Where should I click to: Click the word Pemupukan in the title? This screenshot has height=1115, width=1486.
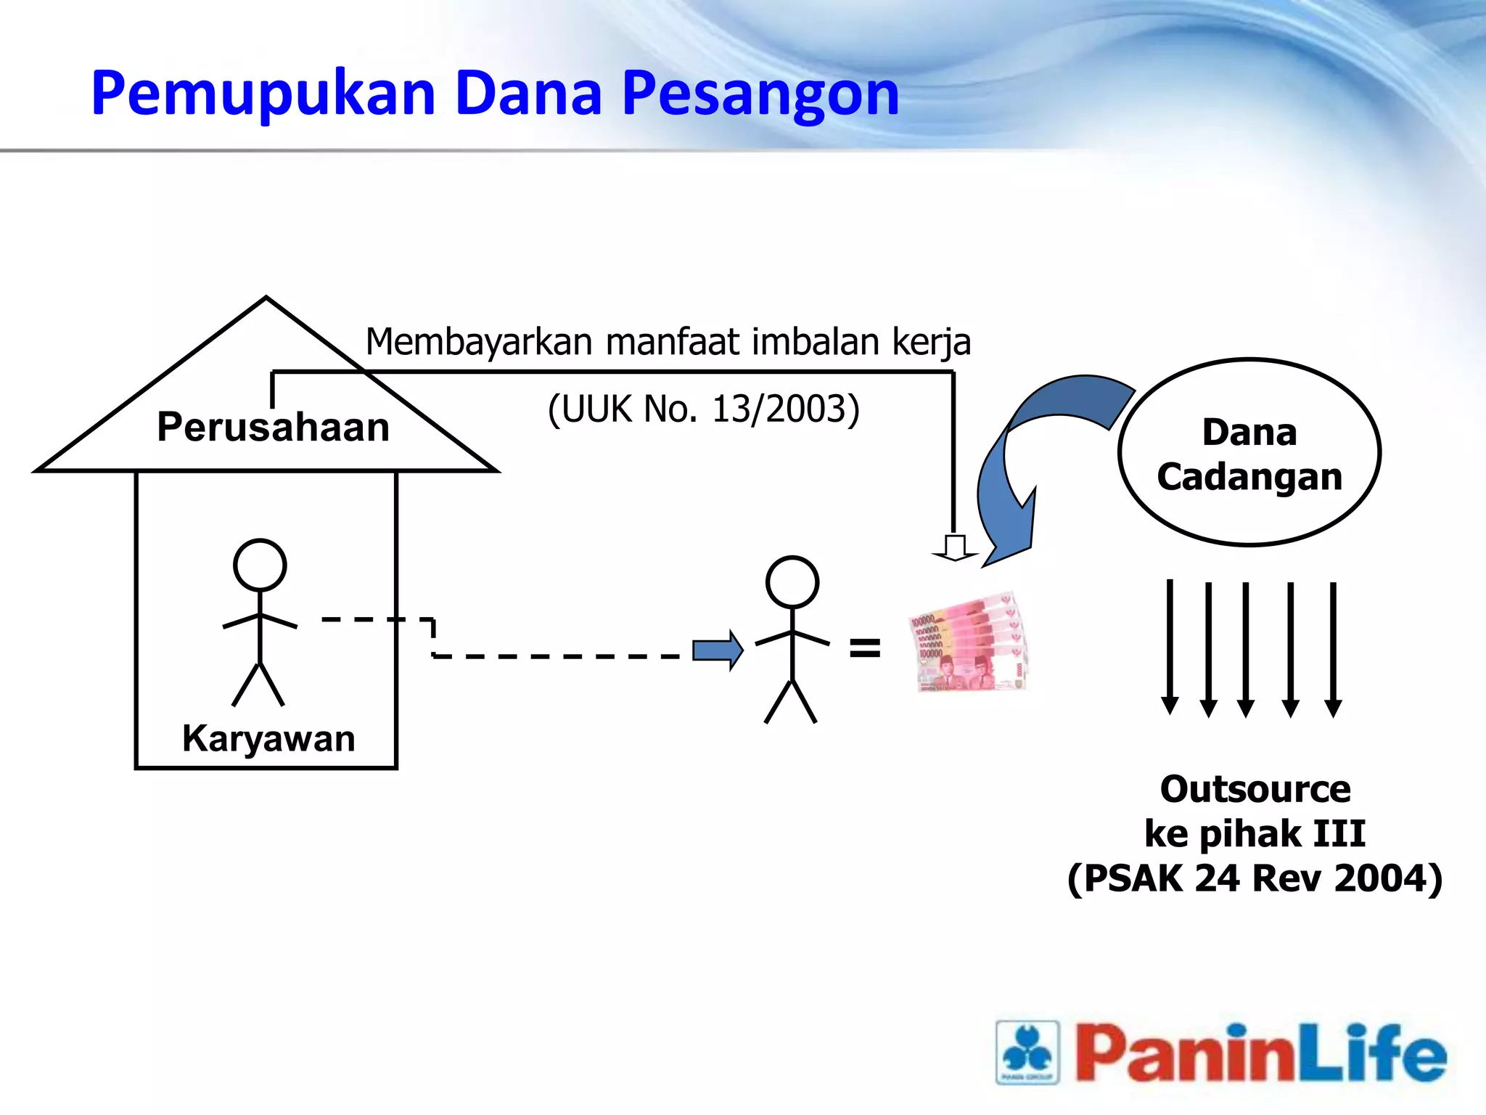click(263, 94)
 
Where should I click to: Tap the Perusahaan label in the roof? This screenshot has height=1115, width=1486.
click(274, 427)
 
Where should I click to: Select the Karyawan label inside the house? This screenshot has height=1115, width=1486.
click(268, 739)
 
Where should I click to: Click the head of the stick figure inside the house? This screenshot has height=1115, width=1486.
click(260, 565)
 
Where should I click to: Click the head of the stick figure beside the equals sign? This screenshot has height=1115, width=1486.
click(792, 582)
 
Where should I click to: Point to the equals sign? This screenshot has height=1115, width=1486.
click(865, 648)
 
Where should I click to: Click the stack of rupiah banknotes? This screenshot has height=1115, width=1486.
click(969, 643)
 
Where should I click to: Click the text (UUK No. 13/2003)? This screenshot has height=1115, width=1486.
click(703, 409)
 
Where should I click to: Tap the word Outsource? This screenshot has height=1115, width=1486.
click(1255, 789)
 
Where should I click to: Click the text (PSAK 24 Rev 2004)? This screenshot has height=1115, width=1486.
click(1255, 878)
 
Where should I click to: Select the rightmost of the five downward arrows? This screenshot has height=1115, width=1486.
click(1333, 649)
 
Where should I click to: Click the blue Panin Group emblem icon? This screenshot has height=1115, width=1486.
click(1027, 1052)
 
